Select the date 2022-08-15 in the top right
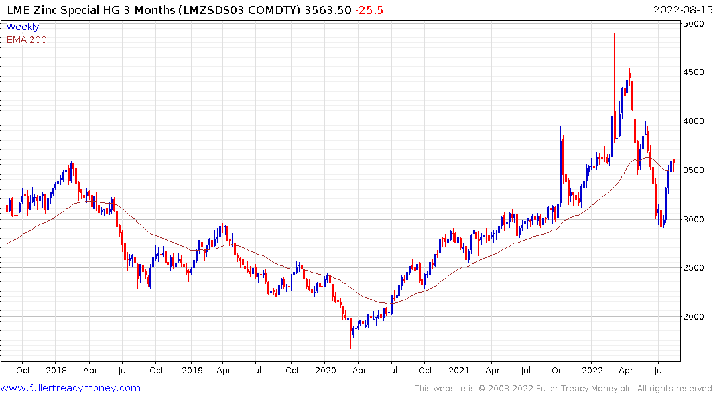coord(681,10)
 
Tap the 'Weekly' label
coord(23,27)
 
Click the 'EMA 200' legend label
coord(27,40)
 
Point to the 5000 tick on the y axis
coord(695,24)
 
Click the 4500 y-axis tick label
coord(695,72)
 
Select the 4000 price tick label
coord(695,121)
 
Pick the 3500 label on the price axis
coord(695,170)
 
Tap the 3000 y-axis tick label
coord(695,220)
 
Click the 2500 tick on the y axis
coord(695,268)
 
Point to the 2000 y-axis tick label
coord(695,317)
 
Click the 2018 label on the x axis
coord(56,370)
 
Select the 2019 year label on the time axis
coord(192,370)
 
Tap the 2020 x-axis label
coord(326,370)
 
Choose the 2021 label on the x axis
coord(459,370)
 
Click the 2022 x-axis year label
coord(593,370)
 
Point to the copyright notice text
coord(563,389)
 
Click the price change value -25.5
coord(369,10)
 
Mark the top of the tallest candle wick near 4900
coord(614,33)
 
